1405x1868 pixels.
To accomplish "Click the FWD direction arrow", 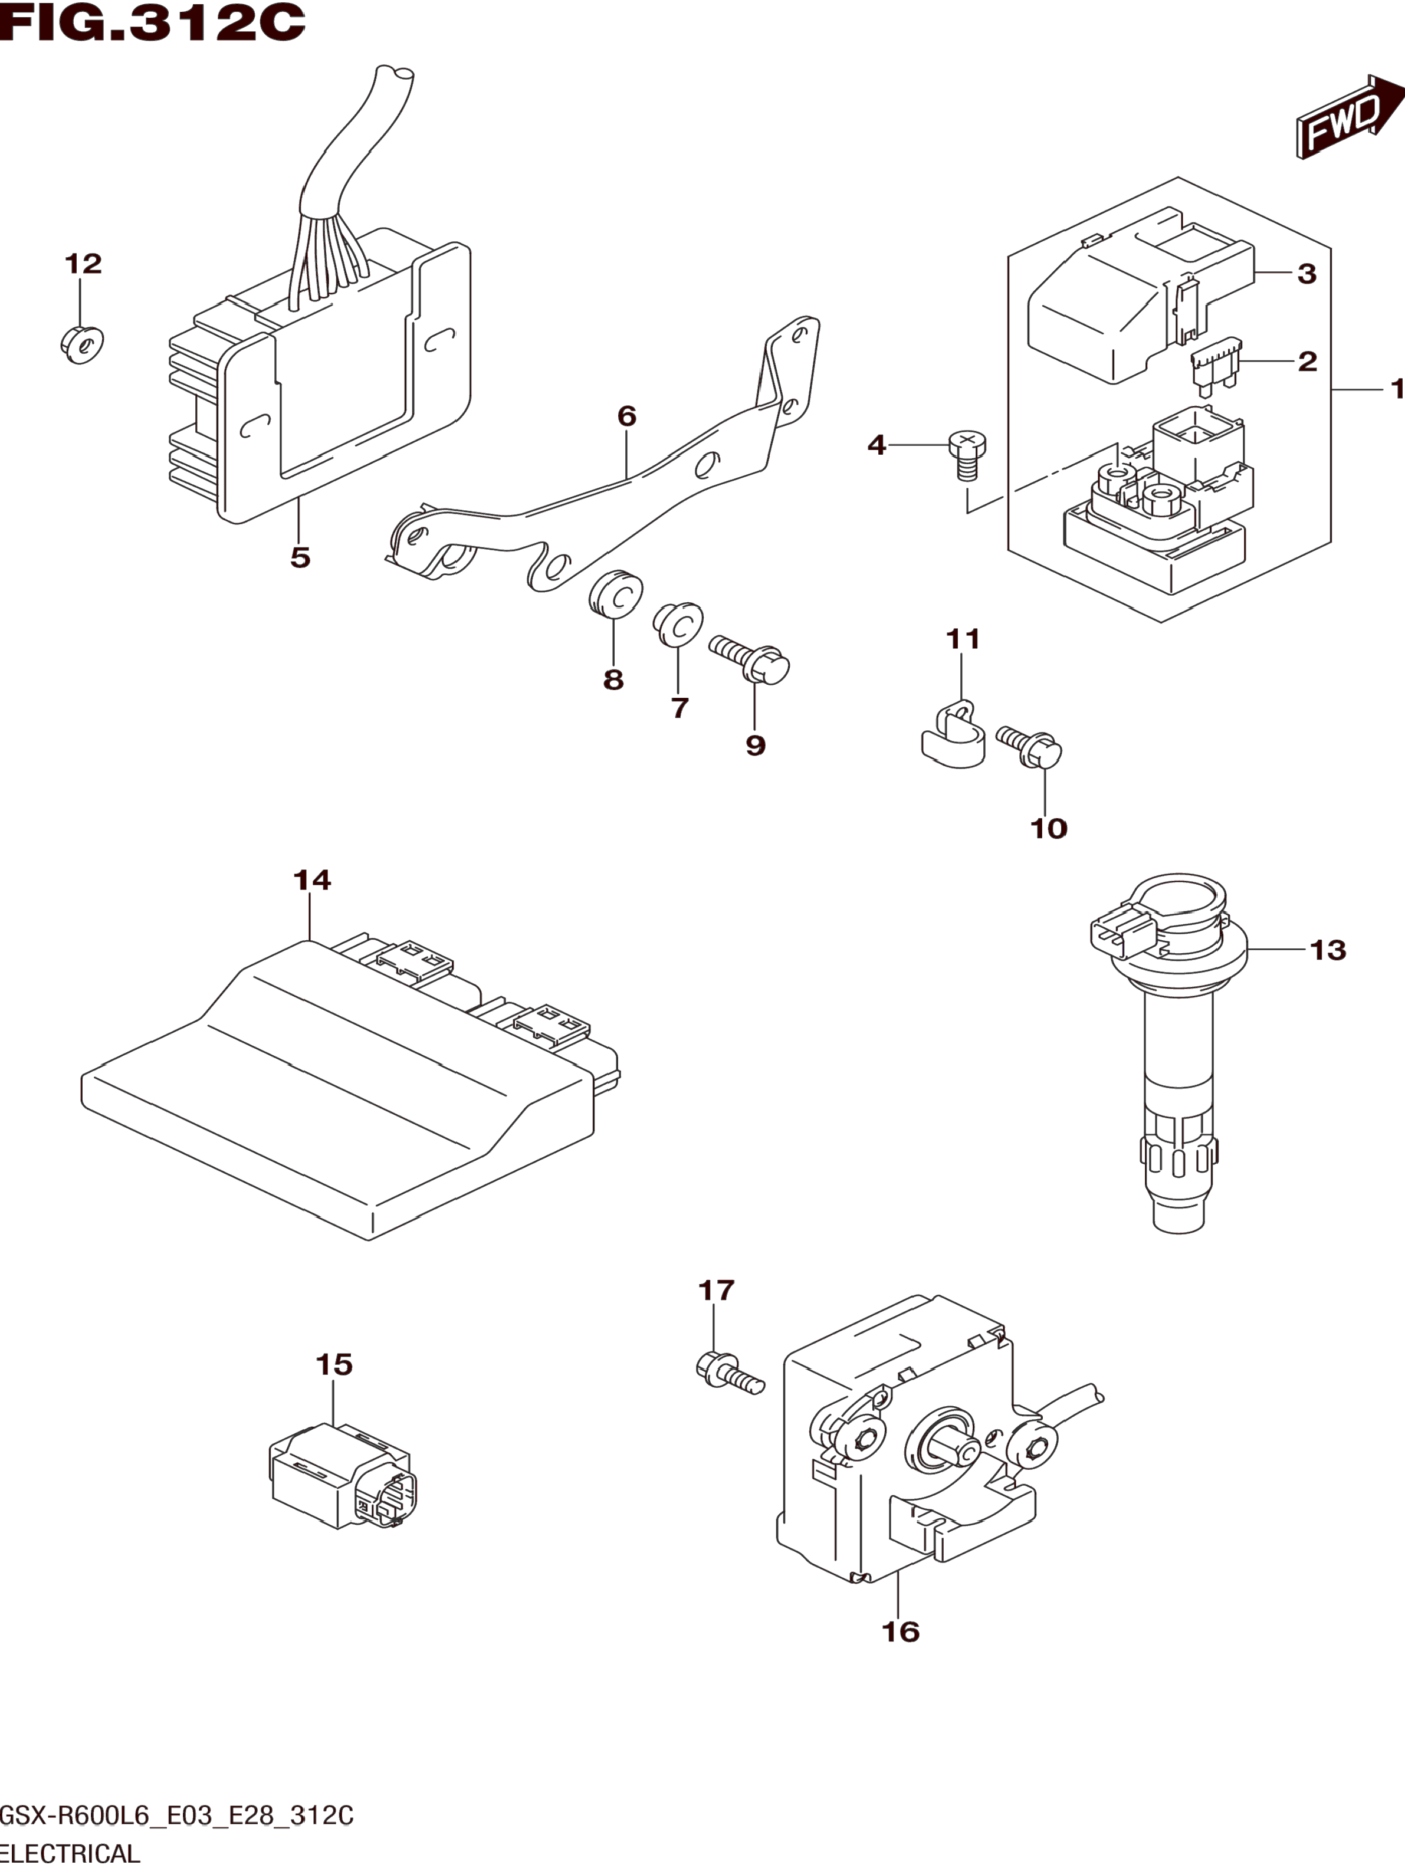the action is [x=1350, y=117].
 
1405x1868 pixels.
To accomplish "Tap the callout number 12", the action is [x=83, y=264].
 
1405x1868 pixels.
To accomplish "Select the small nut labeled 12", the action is [x=82, y=344].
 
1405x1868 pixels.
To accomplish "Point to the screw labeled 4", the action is [x=967, y=454].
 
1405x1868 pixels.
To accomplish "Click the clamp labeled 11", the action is [x=953, y=735].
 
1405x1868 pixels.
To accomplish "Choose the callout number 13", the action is [x=1327, y=950].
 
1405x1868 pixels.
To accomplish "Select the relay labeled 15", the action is [x=344, y=1475].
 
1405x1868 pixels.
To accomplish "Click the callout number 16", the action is [x=900, y=1631].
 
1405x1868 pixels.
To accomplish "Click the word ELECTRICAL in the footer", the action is [x=70, y=1854].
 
